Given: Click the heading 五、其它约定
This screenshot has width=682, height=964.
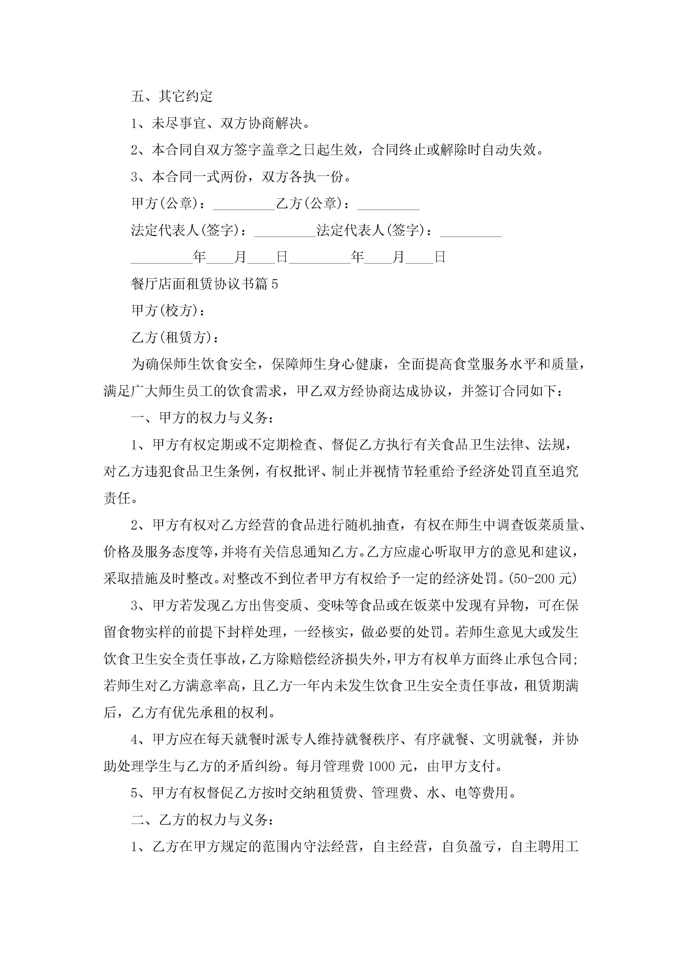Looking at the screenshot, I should click(x=172, y=96).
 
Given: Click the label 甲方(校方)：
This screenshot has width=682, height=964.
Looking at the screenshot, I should click(x=169, y=311).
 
